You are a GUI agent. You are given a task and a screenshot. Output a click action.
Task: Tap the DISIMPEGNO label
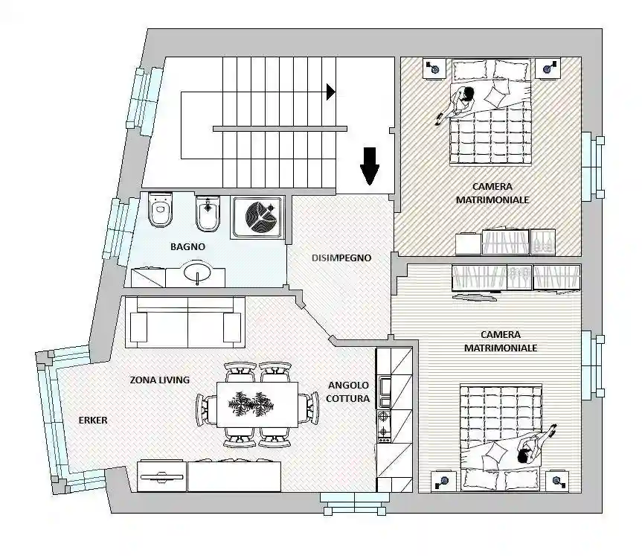(x=341, y=258)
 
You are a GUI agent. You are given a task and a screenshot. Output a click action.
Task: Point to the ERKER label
(x=93, y=420)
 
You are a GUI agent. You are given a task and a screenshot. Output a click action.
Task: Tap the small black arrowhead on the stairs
(x=331, y=91)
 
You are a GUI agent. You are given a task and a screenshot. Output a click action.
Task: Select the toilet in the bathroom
(x=160, y=211)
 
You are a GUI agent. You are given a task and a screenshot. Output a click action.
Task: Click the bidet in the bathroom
(x=207, y=214)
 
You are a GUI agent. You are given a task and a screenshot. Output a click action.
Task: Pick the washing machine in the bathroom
(x=257, y=218)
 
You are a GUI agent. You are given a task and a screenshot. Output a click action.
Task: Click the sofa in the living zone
(x=186, y=321)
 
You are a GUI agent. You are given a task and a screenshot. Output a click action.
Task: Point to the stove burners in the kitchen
(x=385, y=432)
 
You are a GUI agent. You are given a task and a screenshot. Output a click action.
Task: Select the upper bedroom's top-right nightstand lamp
(x=549, y=68)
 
